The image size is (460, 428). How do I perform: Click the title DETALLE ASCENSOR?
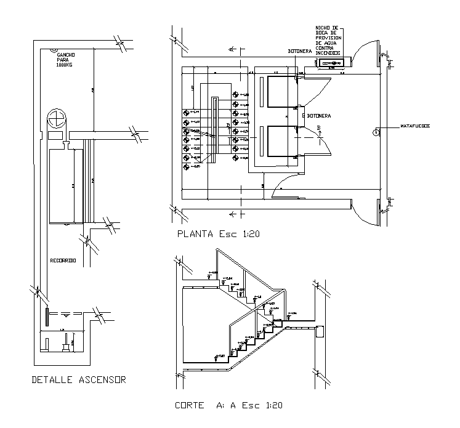tap(78, 380)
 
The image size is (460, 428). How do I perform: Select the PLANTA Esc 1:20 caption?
tap(217, 234)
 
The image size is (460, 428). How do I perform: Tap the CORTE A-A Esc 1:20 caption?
tap(229, 405)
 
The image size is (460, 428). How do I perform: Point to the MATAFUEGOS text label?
tap(414, 126)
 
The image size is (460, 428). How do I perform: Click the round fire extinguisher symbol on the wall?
tap(376, 132)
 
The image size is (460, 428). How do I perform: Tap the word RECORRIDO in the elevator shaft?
tap(63, 261)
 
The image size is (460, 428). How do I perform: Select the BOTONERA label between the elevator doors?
tap(320, 115)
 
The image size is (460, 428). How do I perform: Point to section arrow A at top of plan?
tap(232, 48)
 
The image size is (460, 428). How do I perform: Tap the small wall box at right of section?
tap(320, 332)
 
